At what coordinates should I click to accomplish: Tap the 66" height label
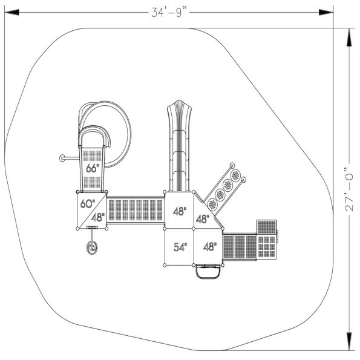(x=92, y=168)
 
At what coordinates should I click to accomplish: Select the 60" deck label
(x=87, y=203)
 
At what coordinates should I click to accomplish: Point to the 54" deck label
(x=180, y=247)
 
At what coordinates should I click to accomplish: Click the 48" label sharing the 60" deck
(x=98, y=217)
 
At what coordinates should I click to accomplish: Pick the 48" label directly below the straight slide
(x=180, y=212)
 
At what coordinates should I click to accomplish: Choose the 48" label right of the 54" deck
(x=210, y=247)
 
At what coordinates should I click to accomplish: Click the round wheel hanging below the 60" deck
(x=93, y=247)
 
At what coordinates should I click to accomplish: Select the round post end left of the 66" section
(x=62, y=159)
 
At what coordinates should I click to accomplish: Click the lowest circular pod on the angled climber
(x=212, y=204)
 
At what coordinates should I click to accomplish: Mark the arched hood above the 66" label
(x=93, y=136)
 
